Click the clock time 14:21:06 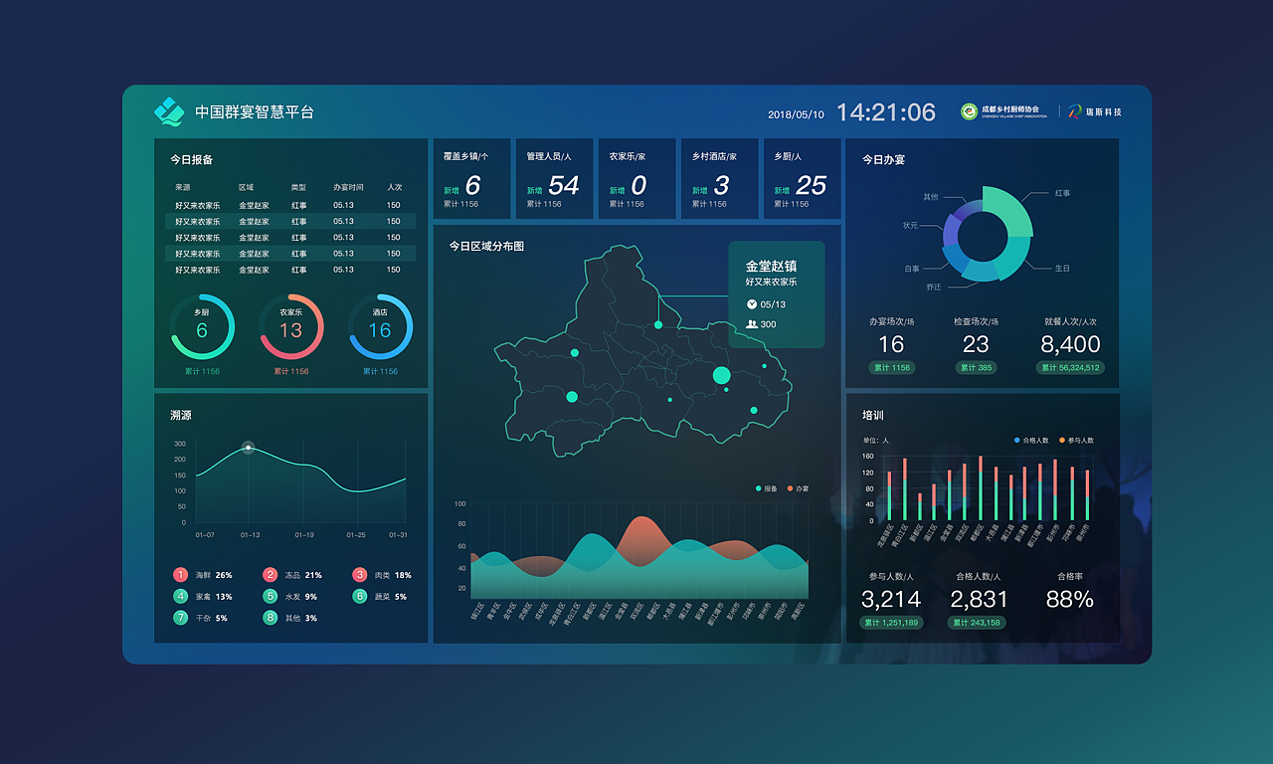(x=885, y=112)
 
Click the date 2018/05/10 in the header (x=796, y=114)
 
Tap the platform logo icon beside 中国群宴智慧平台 (x=169, y=112)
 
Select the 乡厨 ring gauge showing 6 (x=202, y=327)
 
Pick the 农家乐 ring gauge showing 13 (x=290, y=327)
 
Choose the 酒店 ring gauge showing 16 (x=380, y=327)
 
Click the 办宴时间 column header (x=348, y=187)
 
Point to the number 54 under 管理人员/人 (x=563, y=185)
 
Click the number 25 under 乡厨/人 (x=811, y=185)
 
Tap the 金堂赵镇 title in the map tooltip (x=771, y=267)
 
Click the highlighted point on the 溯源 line (x=249, y=448)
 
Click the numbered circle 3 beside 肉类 (x=360, y=575)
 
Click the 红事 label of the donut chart (x=1062, y=193)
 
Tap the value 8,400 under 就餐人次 (x=1070, y=344)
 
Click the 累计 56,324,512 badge (x=1070, y=368)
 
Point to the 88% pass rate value (x=1069, y=600)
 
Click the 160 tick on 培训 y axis (x=867, y=457)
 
